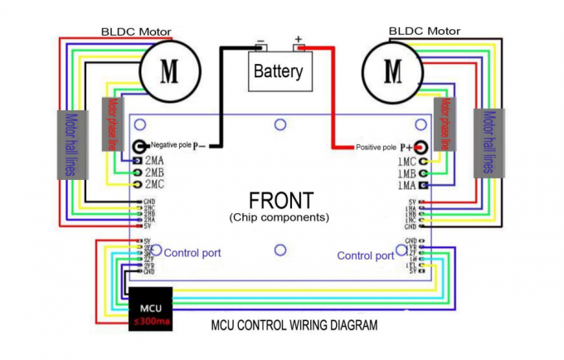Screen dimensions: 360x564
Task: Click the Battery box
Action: [279, 71]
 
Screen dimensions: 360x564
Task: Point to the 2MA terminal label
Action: [154, 159]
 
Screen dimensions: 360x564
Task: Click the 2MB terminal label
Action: [154, 173]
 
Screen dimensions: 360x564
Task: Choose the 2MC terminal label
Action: [154, 185]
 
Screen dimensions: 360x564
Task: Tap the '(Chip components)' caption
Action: [280, 217]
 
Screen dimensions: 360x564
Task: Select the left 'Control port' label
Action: [192, 252]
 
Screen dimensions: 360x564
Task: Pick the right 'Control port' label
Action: [366, 255]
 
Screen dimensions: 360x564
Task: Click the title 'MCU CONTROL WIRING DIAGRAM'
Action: [283, 324]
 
